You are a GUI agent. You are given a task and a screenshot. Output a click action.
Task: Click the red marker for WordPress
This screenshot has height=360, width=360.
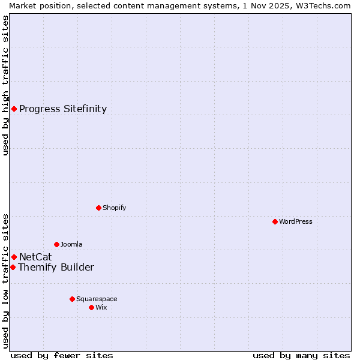(x=275, y=221)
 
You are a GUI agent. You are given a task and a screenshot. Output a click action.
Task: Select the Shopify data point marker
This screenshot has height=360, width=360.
(x=98, y=208)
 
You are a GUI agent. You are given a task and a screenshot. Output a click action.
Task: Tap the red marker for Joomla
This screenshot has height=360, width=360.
(x=56, y=244)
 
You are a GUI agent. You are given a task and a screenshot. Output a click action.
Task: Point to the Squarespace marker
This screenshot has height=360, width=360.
(x=72, y=299)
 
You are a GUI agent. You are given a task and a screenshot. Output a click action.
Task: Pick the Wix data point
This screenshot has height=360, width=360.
(x=91, y=307)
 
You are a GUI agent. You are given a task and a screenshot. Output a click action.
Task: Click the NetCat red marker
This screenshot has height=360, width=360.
(x=14, y=257)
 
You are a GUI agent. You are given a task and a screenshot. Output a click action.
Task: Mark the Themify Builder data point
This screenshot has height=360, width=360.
(x=13, y=267)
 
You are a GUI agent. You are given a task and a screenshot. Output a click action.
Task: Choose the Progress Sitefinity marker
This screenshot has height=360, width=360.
(x=14, y=109)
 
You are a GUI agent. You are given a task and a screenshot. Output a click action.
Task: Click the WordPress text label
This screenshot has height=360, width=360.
(x=295, y=221)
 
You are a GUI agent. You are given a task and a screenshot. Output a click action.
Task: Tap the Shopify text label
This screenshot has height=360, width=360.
(x=114, y=208)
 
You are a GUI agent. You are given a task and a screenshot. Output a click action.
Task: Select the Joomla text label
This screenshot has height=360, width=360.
(x=71, y=244)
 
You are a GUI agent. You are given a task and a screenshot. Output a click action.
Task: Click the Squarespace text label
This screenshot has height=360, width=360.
(x=97, y=299)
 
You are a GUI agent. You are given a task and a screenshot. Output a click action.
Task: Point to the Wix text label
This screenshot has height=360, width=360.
(x=101, y=307)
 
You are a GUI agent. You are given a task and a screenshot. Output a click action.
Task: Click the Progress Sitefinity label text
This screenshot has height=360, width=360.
(x=63, y=109)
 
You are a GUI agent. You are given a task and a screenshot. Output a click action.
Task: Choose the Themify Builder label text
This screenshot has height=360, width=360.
(x=56, y=267)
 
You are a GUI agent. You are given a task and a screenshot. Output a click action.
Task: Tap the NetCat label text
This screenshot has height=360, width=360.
(x=35, y=257)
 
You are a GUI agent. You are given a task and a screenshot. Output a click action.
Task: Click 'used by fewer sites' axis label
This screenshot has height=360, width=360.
(x=62, y=355)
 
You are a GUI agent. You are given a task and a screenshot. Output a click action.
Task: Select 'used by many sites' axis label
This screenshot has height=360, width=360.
(x=301, y=355)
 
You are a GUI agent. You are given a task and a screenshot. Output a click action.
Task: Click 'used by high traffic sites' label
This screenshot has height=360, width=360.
(x=5, y=85)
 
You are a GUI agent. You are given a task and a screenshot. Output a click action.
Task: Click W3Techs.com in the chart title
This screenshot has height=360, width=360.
(x=327, y=5)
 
